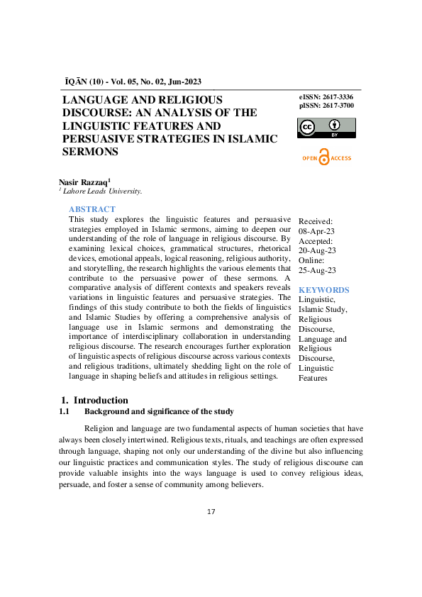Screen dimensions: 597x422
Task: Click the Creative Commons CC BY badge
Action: tap(326, 128)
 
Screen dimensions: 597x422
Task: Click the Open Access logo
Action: tap(326, 158)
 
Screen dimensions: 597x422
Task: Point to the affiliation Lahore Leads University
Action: tap(101, 191)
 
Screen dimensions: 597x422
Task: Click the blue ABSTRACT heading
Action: tap(91, 209)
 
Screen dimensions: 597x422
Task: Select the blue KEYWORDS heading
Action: tap(323, 290)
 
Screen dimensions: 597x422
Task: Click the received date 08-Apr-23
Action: tap(318, 231)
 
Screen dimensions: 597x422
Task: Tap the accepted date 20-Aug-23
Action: tap(318, 251)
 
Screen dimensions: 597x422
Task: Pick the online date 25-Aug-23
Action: tap(318, 270)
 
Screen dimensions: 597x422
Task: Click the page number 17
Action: tap(211, 511)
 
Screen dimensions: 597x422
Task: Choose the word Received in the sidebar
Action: tap(315, 221)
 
